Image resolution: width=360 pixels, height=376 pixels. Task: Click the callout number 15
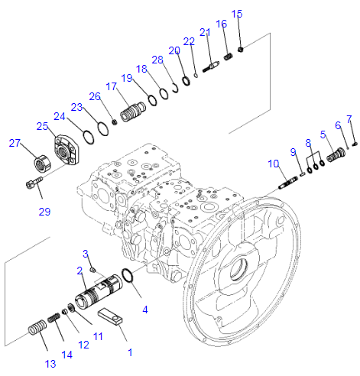point(237,14)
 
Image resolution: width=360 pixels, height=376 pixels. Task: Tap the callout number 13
point(50,364)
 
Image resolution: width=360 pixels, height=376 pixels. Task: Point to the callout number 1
point(129,352)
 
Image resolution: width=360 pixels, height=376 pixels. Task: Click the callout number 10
point(273,164)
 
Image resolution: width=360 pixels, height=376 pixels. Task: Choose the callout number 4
point(145,310)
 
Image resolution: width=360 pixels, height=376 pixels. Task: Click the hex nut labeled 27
point(38,163)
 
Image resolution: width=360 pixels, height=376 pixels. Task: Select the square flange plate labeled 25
point(66,149)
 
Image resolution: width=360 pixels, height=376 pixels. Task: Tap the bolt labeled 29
point(32,183)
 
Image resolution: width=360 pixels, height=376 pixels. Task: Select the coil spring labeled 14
point(54,317)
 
